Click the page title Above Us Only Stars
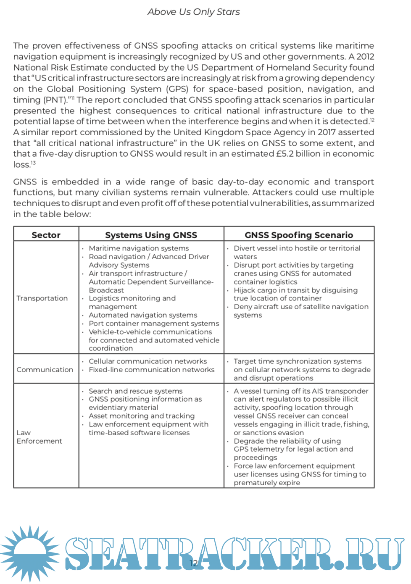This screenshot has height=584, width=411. [x=193, y=12]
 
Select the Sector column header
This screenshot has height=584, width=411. [x=46, y=235]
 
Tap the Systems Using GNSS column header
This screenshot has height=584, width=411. [x=151, y=235]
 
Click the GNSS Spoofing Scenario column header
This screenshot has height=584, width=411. [x=298, y=235]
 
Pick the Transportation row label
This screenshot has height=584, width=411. [x=42, y=298]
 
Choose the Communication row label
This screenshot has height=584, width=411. [x=45, y=370]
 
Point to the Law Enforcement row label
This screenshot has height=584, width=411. [x=39, y=437]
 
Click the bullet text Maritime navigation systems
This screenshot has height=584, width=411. [x=139, y=248]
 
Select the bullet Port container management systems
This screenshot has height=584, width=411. [x=154, y=324]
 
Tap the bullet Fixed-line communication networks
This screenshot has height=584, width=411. [x=151, y=370]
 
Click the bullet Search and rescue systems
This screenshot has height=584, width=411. [x=135, y=391]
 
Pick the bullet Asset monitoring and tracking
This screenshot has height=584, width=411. [x=142, y=416]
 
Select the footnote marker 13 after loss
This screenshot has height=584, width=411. [x=33, y=163]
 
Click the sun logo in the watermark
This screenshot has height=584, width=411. [x=29, y=553]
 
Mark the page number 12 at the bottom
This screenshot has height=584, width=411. [x=193, y=563]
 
